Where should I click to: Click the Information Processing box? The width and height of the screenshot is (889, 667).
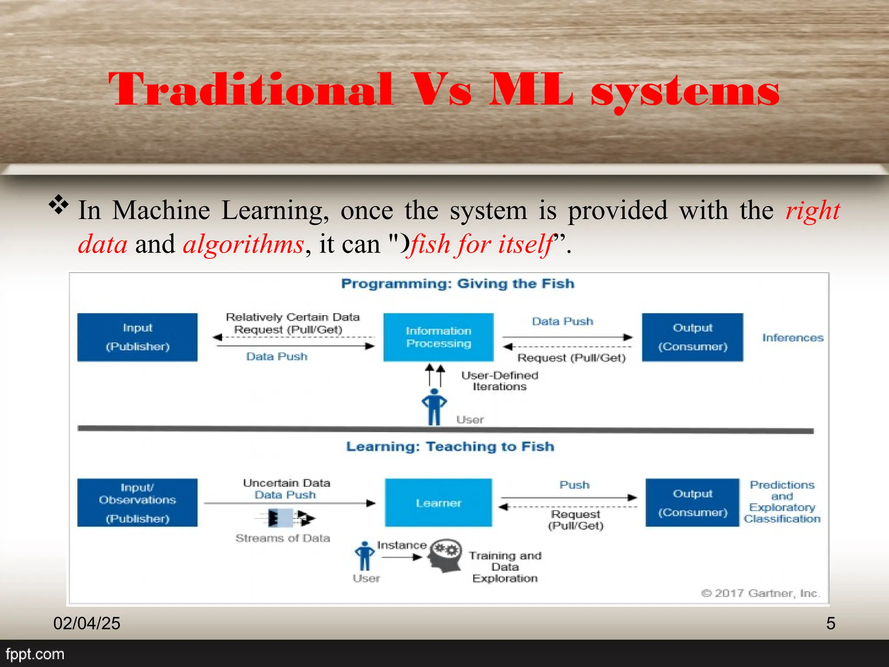pyautogui.click(x=438, y=337)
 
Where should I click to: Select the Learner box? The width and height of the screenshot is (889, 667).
pyautogui.click(x=438, y=503)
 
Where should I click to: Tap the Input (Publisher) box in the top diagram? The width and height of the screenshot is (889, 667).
pyautogui.click(x=137, y=337)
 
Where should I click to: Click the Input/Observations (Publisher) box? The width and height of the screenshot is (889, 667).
pyautogui.click(x=137, y=503)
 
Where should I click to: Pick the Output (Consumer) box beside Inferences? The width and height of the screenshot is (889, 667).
pyautogui.click(x=692, y=337)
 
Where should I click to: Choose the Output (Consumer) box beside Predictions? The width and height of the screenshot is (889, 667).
pyautogui.click(x=692, y=503)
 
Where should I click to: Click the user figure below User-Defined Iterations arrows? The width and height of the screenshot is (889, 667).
pyautogui.click(x=434, y=406)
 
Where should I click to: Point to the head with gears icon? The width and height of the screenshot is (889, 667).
pyautogui.click(x=445, y=556)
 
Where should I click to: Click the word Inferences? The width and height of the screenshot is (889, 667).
pyautogui.click(x=793, y=338)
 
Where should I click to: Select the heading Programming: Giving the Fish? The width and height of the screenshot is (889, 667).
pyautogui.click(x=458, y=284)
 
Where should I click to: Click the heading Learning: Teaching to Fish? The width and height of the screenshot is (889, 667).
pyautogui.click(x=450, y=446)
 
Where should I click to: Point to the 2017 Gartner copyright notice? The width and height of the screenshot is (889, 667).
pyautogui.click(x=761, y=593)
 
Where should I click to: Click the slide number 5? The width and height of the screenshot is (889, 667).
pyautogui.click(x=830, y=624)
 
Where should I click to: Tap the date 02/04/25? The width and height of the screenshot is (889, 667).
pyautogui.click(x=87, y=624)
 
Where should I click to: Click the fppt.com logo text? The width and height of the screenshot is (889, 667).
pyautogui.click(x=35, y=654)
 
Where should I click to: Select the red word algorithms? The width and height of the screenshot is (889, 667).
pyautogui.click(x=243, y=244)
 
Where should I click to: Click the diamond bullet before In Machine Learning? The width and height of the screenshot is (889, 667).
pyautogui.click(x=59, y=205)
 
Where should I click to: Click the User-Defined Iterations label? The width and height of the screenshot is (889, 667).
pyautogui.click(x=499, y=381)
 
